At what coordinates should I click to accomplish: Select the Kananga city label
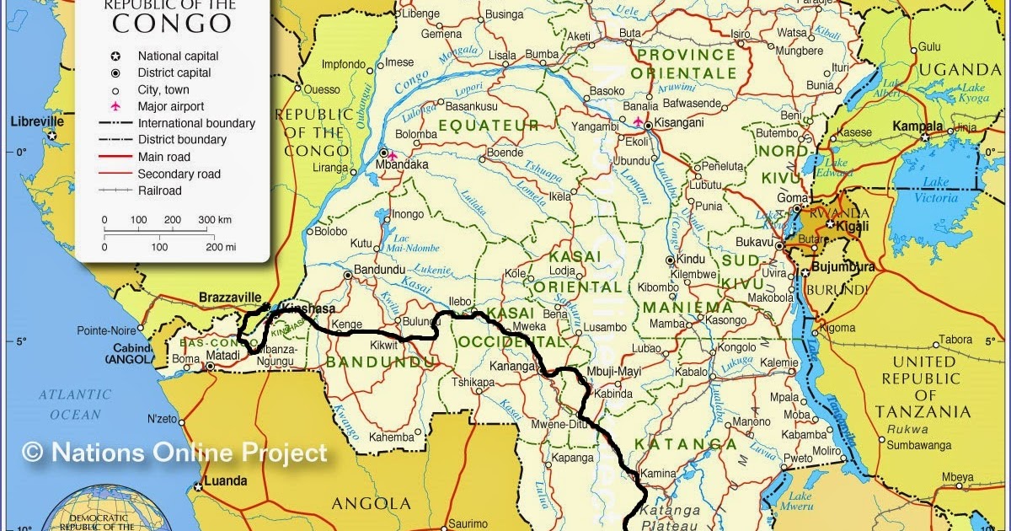coord(512,367)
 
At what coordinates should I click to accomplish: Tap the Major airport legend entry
coord(171,106)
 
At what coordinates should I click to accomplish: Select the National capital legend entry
coord(178,56)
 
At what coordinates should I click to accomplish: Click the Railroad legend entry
coord(159,190)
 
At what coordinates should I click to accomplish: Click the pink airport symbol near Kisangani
coord(637,121)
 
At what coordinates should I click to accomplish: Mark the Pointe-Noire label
coord(106,330)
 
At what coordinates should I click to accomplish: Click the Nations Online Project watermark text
coord(174,453)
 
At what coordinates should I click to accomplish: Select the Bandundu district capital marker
coord(348,275)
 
